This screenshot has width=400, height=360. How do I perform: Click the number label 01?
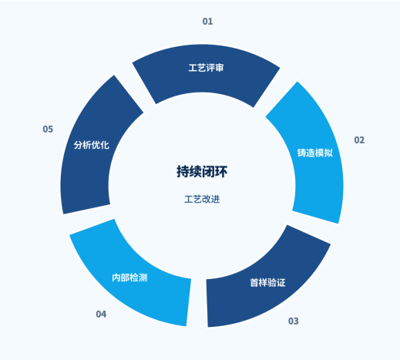point(207,22)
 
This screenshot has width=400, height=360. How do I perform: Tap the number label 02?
point(359,140)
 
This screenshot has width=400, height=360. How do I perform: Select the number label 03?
point(294,321)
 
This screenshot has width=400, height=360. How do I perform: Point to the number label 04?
point(101,314)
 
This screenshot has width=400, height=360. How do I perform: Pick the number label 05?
point(48,129)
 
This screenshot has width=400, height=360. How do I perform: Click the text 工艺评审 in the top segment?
point(206,68)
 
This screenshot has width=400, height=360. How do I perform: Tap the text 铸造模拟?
point(315,153)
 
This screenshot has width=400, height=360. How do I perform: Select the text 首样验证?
point(267,283)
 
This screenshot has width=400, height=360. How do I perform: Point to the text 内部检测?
point(129,278)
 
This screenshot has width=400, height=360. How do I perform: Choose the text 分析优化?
point(92,145)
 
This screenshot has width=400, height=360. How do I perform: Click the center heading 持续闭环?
point(202,172)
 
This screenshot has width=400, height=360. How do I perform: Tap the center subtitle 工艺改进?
point(202,199)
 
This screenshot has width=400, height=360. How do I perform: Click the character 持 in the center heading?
point(183,172)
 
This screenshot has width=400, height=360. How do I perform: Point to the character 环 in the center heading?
point(221,172)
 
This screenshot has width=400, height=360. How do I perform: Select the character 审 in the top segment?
point(220,68)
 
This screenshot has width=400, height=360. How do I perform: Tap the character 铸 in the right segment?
point(301,153)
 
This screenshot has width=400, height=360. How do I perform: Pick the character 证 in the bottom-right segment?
point(281,283)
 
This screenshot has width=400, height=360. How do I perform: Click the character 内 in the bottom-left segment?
point(116,278)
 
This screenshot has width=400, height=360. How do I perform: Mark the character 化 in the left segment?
point(105,145)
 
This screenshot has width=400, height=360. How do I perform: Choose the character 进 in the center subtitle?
point(216,199)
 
